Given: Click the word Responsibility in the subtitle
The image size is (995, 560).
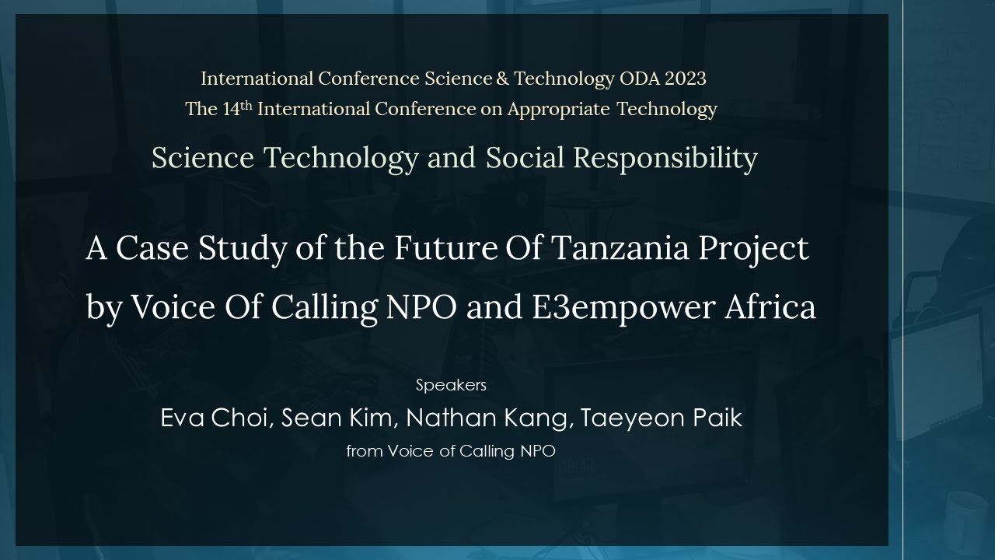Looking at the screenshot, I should (665, 158).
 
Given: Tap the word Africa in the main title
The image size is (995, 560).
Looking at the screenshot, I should (770, 308).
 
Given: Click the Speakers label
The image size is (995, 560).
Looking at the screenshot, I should (451, 385).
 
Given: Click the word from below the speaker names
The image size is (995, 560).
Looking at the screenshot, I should (364, 451).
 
